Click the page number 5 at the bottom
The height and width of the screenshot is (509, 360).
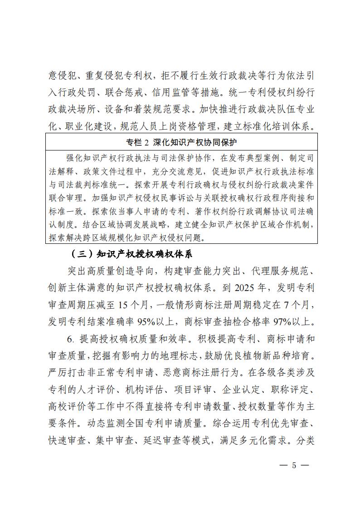pyautogui.click(x=294, y=466)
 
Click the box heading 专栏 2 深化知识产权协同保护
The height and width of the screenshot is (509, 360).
pyautogui.click(x=181, y=143)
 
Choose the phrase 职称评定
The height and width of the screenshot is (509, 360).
pyautogui.click(x=292, y=389)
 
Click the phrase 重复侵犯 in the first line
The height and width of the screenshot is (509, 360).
pyautogui.click(x=103, y=74)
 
